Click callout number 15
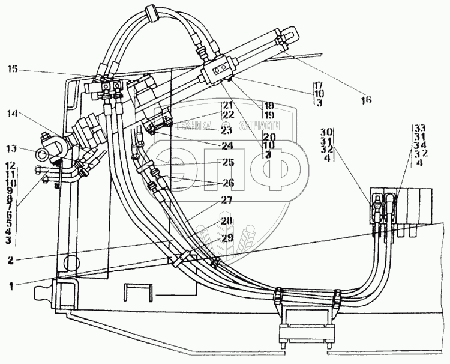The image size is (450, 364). [12, 70]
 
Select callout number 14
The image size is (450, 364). [12, 112]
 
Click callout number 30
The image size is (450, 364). [327, 131]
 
